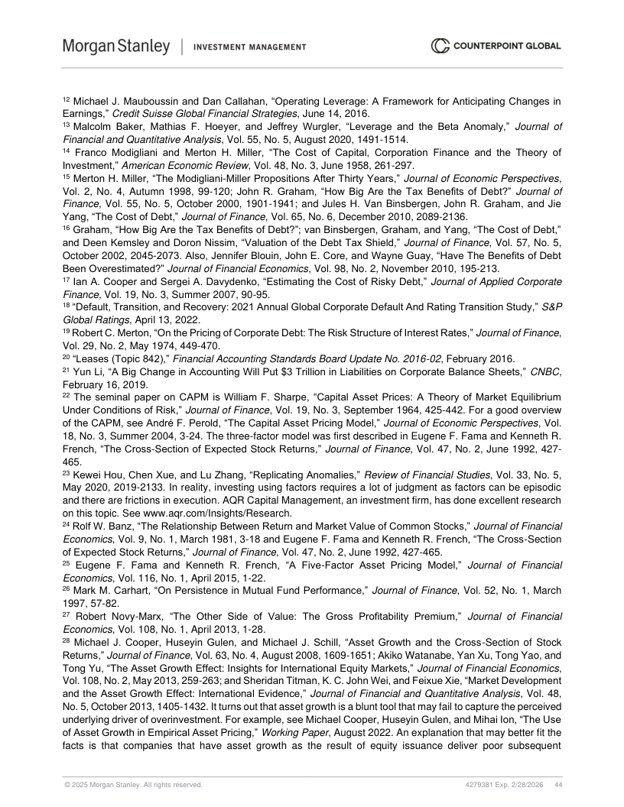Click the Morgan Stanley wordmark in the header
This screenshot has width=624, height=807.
pyautogui.click(x=116, y=47)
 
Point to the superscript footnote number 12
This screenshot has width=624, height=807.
pyautogui.click(x=66, y=99)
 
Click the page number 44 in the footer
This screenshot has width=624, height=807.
pyautogui.click(x=558, y=785)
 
